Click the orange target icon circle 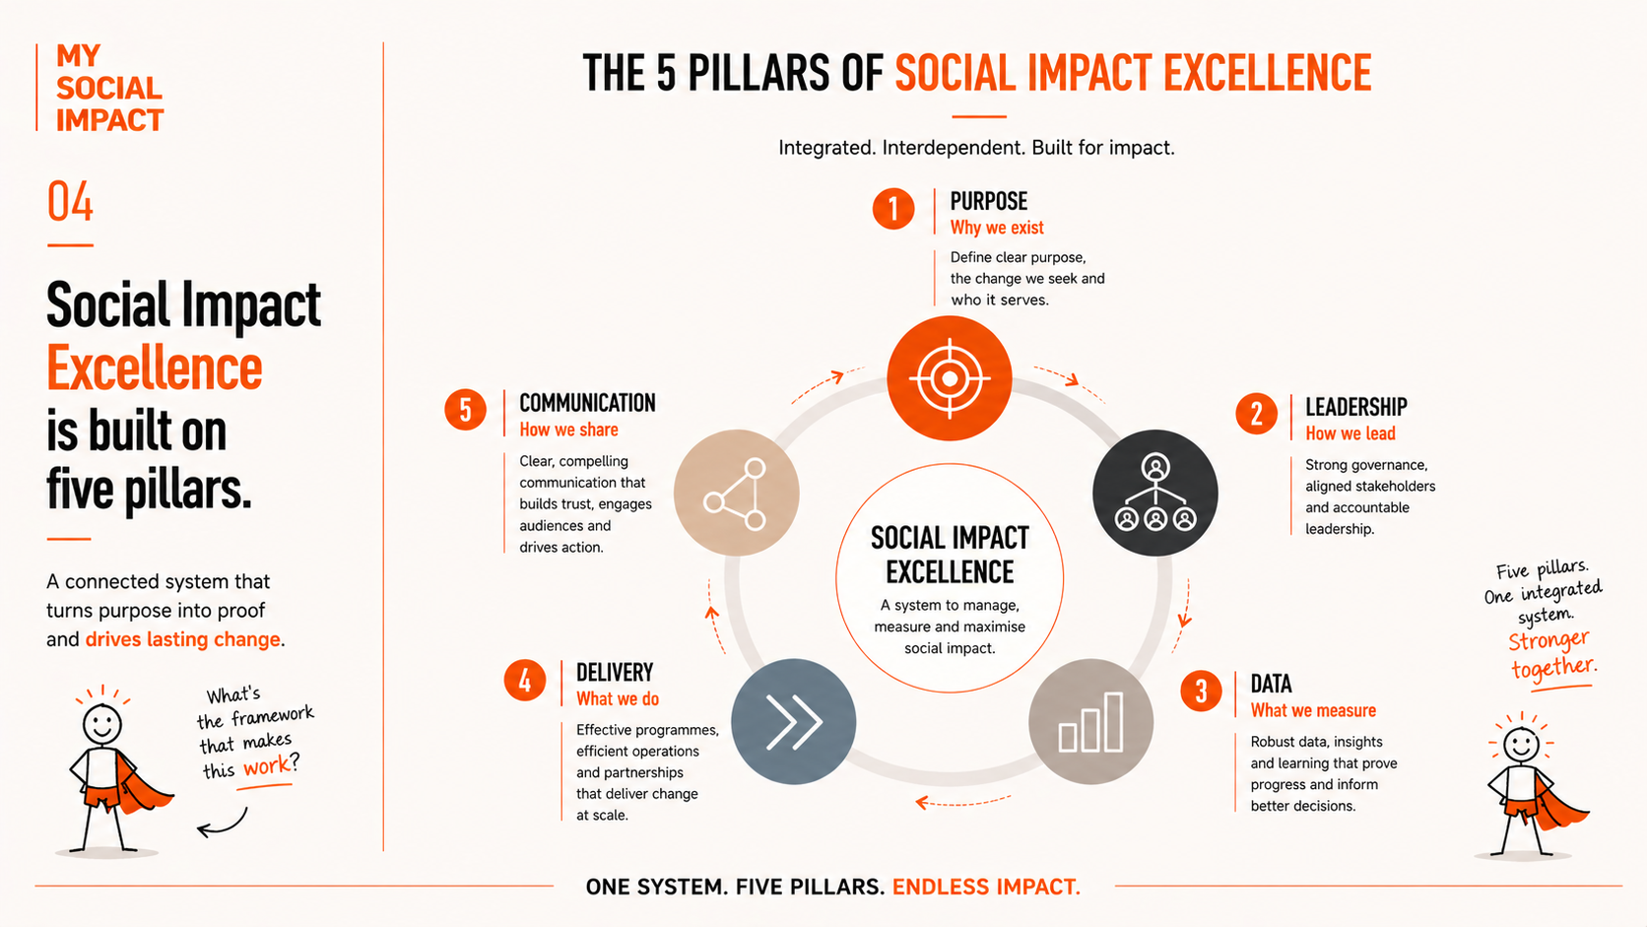[950, 378]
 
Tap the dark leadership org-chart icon [1155, 493]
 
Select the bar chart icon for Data [1091, 721]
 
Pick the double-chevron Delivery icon [793, 721]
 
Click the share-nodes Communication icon [736, 493]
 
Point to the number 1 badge [893, 208]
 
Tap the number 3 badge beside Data [1201, 691]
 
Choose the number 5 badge [465, 410]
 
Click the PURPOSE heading [988, 201]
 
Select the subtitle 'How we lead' [1350, 433]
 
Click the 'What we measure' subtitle [1313, 711]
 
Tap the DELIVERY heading [615, 672]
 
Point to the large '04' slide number [70, 202]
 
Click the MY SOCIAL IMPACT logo [109, 88]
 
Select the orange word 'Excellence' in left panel [155, 367]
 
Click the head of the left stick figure [101, 724]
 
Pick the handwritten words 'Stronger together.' [1551, 654]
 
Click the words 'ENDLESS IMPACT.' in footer [986, 887]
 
